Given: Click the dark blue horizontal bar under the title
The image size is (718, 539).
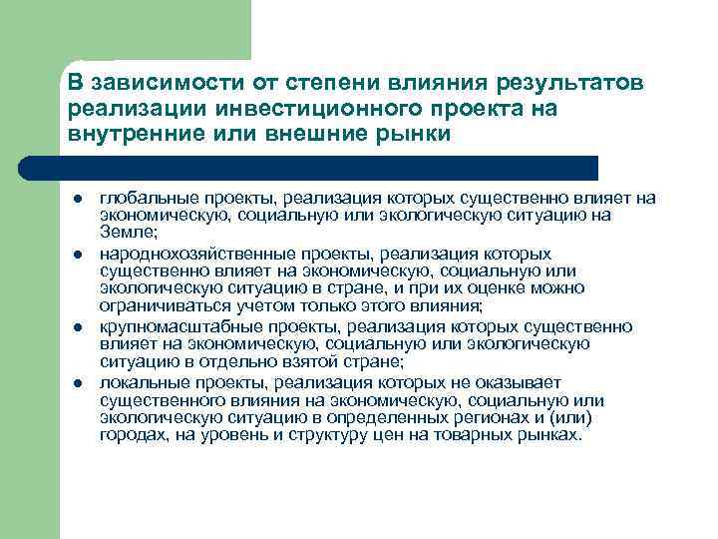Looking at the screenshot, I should [329, 167].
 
